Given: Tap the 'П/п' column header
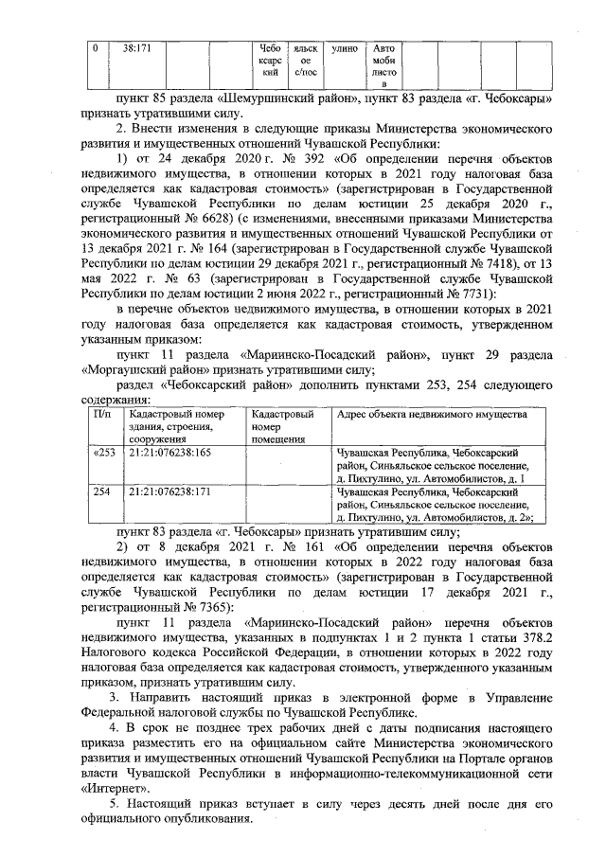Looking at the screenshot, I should pos(103,415).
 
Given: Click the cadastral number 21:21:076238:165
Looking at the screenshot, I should pos(170,453).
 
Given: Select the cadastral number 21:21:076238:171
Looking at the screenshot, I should pos(170,492).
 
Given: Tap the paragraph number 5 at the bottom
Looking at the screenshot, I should pos(112,805).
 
